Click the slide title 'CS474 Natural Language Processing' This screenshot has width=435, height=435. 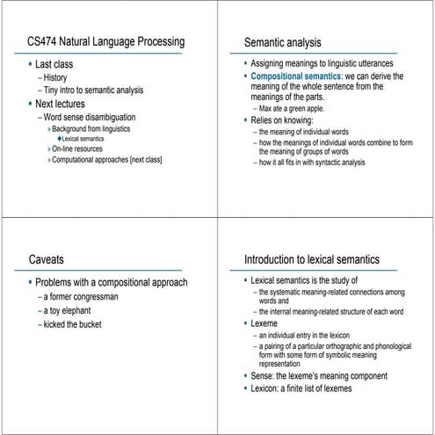105,41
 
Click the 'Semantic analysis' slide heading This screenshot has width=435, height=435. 282,41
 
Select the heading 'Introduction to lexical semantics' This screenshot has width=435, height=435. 311,259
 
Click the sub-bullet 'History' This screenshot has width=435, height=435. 58,78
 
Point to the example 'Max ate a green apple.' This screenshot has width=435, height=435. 297,108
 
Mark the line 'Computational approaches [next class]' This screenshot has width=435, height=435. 110,159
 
